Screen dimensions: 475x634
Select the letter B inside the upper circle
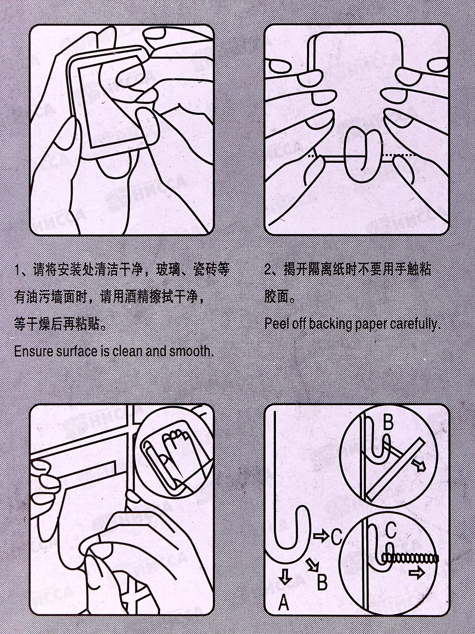click(388, 422)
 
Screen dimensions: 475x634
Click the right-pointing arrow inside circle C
click(417, 573)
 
